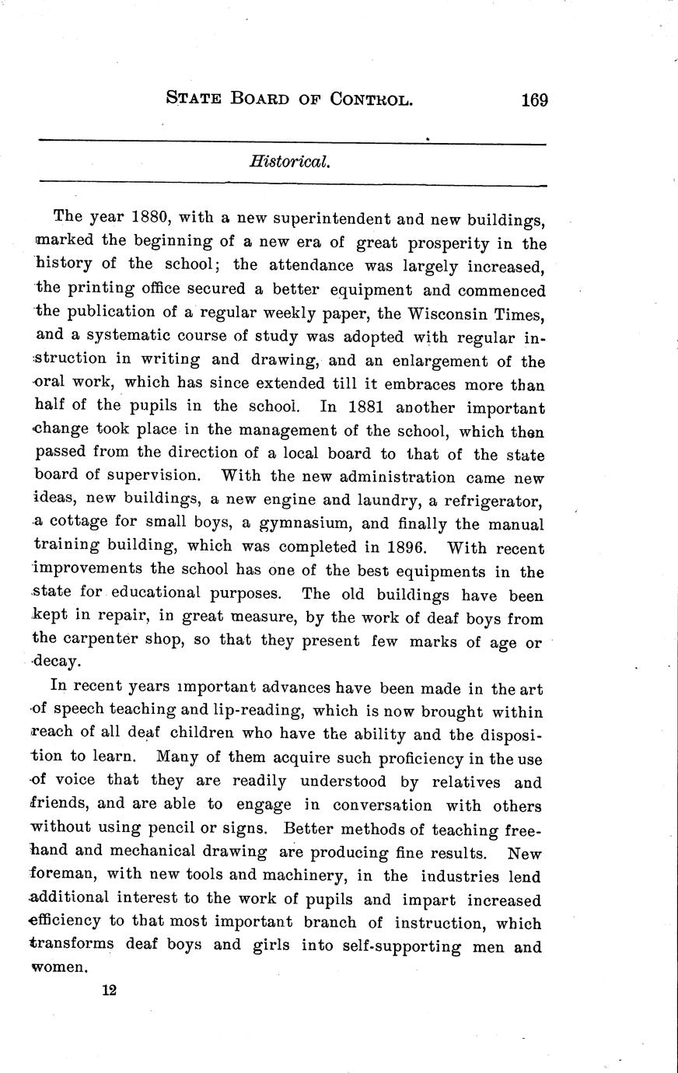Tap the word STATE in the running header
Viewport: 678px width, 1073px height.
tap(194, 99)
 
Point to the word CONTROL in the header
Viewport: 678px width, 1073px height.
tap(371, 99)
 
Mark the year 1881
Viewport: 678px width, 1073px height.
tap(366, 407)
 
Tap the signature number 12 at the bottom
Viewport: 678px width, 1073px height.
tap(108, 990)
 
